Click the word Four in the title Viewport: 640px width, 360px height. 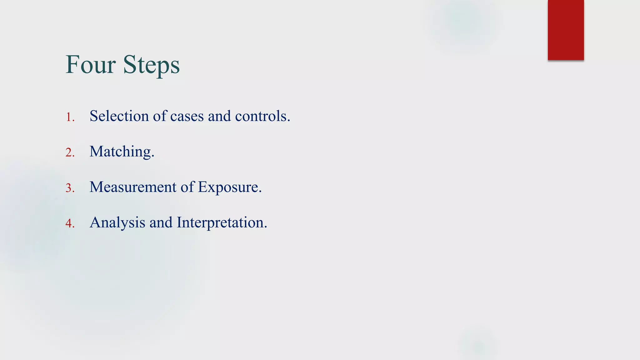coord(91,65)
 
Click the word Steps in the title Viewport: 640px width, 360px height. coord(151,65)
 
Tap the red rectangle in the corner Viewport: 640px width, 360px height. coord(566,30)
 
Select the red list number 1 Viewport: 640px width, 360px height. coord(69,117)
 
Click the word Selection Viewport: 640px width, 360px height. coord(119,116)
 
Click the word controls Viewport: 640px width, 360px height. coord(261,116)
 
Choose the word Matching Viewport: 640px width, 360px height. coord(120,152)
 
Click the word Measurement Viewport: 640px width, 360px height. coord(133,187)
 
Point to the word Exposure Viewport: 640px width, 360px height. coord(228,187)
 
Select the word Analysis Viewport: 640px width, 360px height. coord(117,223)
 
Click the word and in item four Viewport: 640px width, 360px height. coord(161,222)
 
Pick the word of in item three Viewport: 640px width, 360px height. coord(187,187)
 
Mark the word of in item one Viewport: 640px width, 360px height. coord(160,116)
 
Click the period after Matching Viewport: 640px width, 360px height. coord(153,156)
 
